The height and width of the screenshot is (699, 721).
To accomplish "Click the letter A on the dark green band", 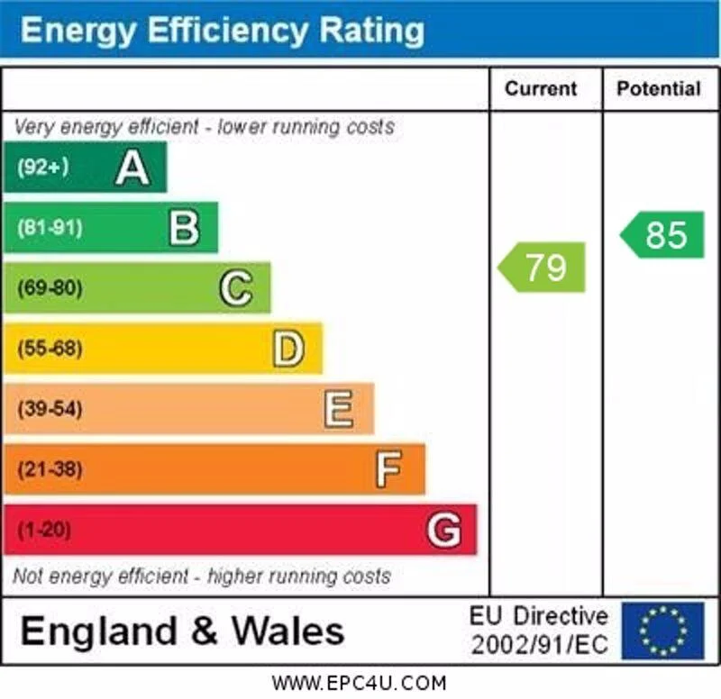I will point(132,168).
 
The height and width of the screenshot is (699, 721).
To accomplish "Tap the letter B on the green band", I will point(184,228).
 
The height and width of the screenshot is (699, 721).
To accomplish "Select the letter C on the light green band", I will point(236,288).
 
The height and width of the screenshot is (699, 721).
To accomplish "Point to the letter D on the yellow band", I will point(288,349).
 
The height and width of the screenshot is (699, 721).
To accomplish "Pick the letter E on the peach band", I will point(339,409).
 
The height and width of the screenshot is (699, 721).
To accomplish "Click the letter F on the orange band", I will point(388,469).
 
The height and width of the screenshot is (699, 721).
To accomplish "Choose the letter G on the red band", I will point(443,530).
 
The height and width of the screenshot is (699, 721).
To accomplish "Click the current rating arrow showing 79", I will point(543,267).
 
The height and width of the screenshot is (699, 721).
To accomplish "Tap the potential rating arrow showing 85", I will point(663,235).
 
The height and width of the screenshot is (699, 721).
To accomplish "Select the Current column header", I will point(540,88).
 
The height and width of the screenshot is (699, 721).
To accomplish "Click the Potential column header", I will point(658,88).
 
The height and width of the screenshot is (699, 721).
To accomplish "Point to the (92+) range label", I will point(42,168).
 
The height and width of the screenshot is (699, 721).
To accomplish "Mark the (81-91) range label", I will point(49,228).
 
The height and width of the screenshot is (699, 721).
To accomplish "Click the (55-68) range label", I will point(49,349).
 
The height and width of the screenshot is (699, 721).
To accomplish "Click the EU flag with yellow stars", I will point(662,630).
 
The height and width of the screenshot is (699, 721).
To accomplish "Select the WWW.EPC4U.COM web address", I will point(359,683).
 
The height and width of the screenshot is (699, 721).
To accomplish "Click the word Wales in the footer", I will point(288,631).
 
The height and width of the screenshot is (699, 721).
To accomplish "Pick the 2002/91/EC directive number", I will point(539,645).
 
